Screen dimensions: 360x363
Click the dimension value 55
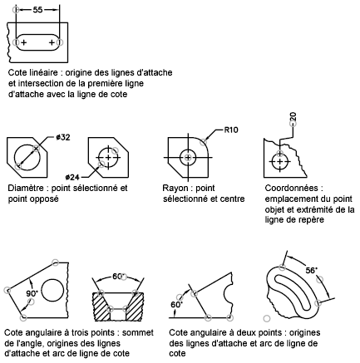click(37, 10)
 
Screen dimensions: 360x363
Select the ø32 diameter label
click(62, 137)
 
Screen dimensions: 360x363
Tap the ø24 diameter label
click(72, 177)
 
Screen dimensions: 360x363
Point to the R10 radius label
click(231, 130)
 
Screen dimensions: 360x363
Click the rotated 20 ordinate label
click(293, 116)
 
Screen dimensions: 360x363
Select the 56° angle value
click(311, 270)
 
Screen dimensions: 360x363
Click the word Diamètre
click(26, 188)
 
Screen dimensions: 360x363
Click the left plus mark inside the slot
click(24, 42)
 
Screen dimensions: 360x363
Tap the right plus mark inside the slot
click(52, 42)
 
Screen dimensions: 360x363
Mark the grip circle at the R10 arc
click(204, 142)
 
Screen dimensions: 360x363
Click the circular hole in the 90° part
click(52, 291)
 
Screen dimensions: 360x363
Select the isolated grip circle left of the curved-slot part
click(267, 319)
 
